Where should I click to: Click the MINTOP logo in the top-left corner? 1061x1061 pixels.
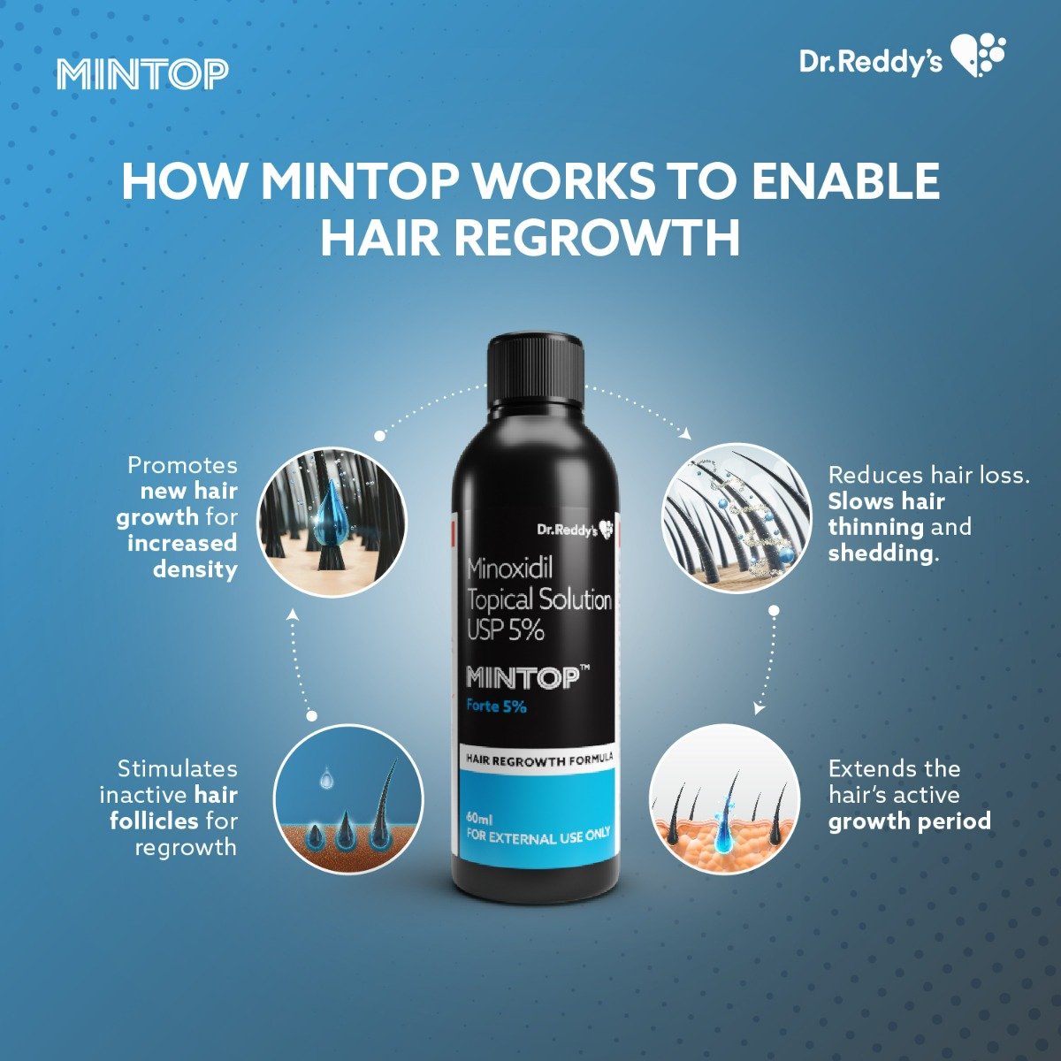[142, 75]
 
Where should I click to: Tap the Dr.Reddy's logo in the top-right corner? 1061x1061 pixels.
[902, 59]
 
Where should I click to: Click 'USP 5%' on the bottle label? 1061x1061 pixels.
[505, 630]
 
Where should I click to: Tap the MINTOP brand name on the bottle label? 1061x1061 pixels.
[522, 679]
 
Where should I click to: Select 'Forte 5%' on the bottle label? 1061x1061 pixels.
[496, 706]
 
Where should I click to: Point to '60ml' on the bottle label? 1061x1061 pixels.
[478, 817]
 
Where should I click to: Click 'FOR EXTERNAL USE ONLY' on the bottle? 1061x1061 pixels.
[538, 836]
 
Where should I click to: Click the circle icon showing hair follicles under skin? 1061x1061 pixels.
[348, 800]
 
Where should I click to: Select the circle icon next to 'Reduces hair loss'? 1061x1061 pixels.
[737, 517]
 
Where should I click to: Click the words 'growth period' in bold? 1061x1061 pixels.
[909, 821]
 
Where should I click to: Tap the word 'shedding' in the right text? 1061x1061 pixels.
[879, 553]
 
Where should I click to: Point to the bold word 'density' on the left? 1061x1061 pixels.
[195, 569]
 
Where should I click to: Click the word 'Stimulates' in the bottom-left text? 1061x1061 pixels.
[177, 768]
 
